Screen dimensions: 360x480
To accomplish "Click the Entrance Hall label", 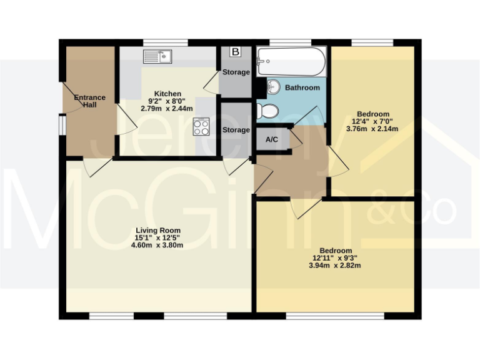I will coord(89,101).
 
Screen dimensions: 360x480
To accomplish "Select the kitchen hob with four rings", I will coord(202,127).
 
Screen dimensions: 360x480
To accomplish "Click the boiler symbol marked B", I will coord(236,52).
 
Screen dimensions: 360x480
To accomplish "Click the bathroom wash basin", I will coord(274,87).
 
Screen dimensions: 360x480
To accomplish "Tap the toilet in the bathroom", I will coord(268,111).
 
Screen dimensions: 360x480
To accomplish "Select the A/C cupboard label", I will coord(272,139).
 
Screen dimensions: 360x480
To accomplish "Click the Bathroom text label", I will coord(302,88).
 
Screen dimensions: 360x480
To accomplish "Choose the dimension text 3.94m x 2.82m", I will coord(336,265).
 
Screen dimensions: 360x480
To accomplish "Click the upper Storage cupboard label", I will coord(236,72).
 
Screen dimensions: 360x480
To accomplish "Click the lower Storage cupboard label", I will coord(236,130).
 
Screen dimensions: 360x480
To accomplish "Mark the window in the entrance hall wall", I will coord(61,125).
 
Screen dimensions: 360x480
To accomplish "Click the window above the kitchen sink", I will coord(165,42).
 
